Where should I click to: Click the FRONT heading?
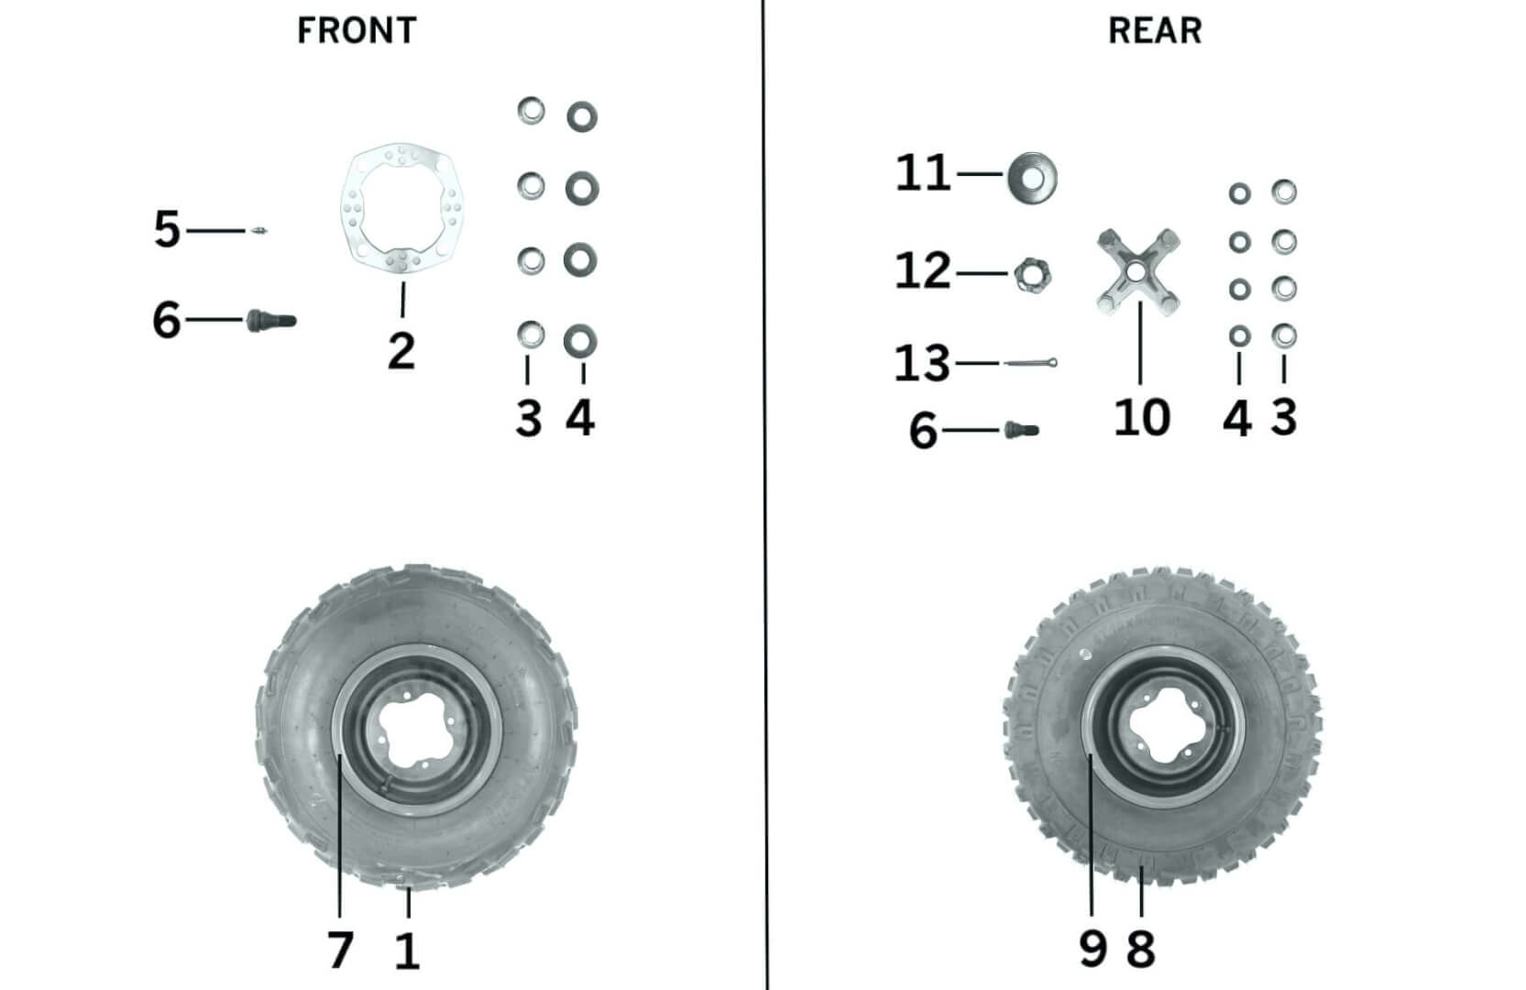[357, 30]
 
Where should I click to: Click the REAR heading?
[1154, 30]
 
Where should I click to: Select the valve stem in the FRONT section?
[271, 320]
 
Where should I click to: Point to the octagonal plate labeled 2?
[401, 208]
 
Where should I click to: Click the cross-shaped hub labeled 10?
[1138, 271]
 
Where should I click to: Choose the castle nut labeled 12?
[1032, 274]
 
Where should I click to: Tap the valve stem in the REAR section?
[1021, 429]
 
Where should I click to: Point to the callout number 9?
[1092, 949]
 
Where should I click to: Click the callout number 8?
[1140, 949]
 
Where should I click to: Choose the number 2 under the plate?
[401, 350]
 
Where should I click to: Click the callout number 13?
[922, 364]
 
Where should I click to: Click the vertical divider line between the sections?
[764, 495]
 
